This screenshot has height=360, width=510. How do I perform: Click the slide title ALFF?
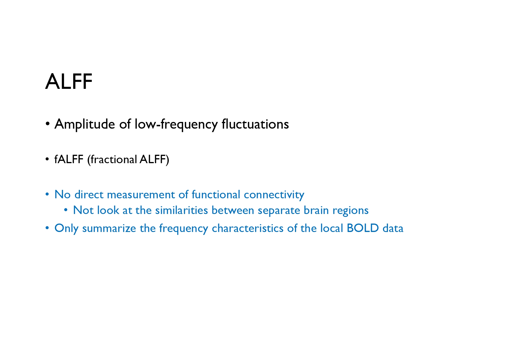[69, 82]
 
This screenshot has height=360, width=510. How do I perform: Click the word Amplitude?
[85, 125]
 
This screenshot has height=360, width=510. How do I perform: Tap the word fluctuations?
[255, 124]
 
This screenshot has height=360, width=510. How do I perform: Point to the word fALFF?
[69, 159]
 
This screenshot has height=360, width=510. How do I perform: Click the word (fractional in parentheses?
[112, 160]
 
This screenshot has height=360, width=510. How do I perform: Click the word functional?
[216, 195]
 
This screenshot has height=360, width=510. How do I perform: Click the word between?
[233, 210]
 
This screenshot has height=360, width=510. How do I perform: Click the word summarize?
[109, 228]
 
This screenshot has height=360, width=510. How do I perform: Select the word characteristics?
[248, 228]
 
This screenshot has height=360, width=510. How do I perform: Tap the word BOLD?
[363, 228]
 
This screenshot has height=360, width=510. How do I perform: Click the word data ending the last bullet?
[393, 228]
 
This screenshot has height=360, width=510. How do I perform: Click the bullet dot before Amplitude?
[47, 124]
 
